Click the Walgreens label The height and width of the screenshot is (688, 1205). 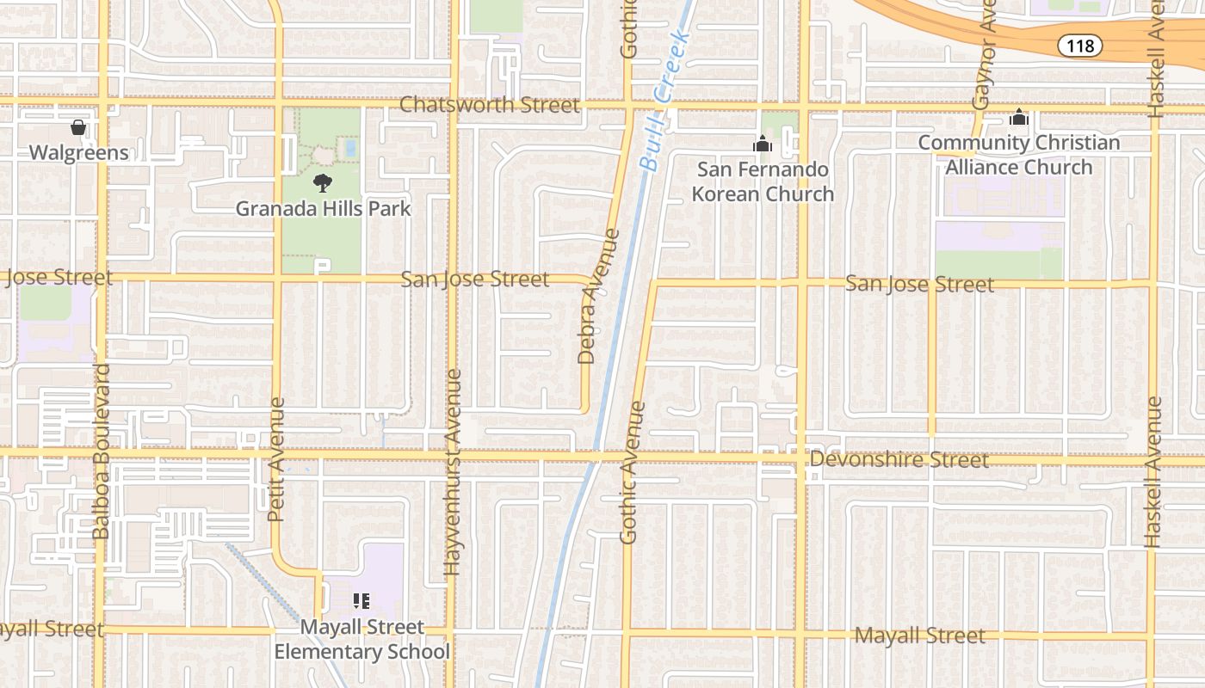(x=78, y=153)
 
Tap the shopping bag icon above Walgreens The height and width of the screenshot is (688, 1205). (x=78, y=128)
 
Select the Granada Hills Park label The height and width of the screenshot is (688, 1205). (x=323, y=208)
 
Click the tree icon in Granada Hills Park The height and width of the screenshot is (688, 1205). (x=323, y=182)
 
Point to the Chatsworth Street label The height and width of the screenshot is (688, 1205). (x=490, y=105)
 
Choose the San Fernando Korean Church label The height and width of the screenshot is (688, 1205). (x=763, y=181)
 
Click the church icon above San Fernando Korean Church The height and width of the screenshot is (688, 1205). (x=763, y=144)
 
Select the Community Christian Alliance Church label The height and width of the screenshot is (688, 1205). (x=1019, y=155)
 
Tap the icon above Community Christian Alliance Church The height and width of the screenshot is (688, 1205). (x=1019, y=117)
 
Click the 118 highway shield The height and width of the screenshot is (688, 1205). (x=1079, y=46)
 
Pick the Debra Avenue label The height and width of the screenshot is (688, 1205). (x=588, y=296)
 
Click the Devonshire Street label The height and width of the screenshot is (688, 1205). (x=899, y=460)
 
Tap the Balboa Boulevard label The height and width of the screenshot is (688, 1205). (x=102, y=451)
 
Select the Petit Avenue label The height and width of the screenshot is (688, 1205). (x=275, y=459)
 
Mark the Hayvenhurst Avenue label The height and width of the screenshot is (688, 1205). (x=453, y=472)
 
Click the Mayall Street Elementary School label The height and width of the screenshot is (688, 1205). (x=361, y=639)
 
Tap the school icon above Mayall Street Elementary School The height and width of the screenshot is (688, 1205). (x=361, y=601)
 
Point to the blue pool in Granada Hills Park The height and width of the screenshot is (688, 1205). (x=350, y=148)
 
